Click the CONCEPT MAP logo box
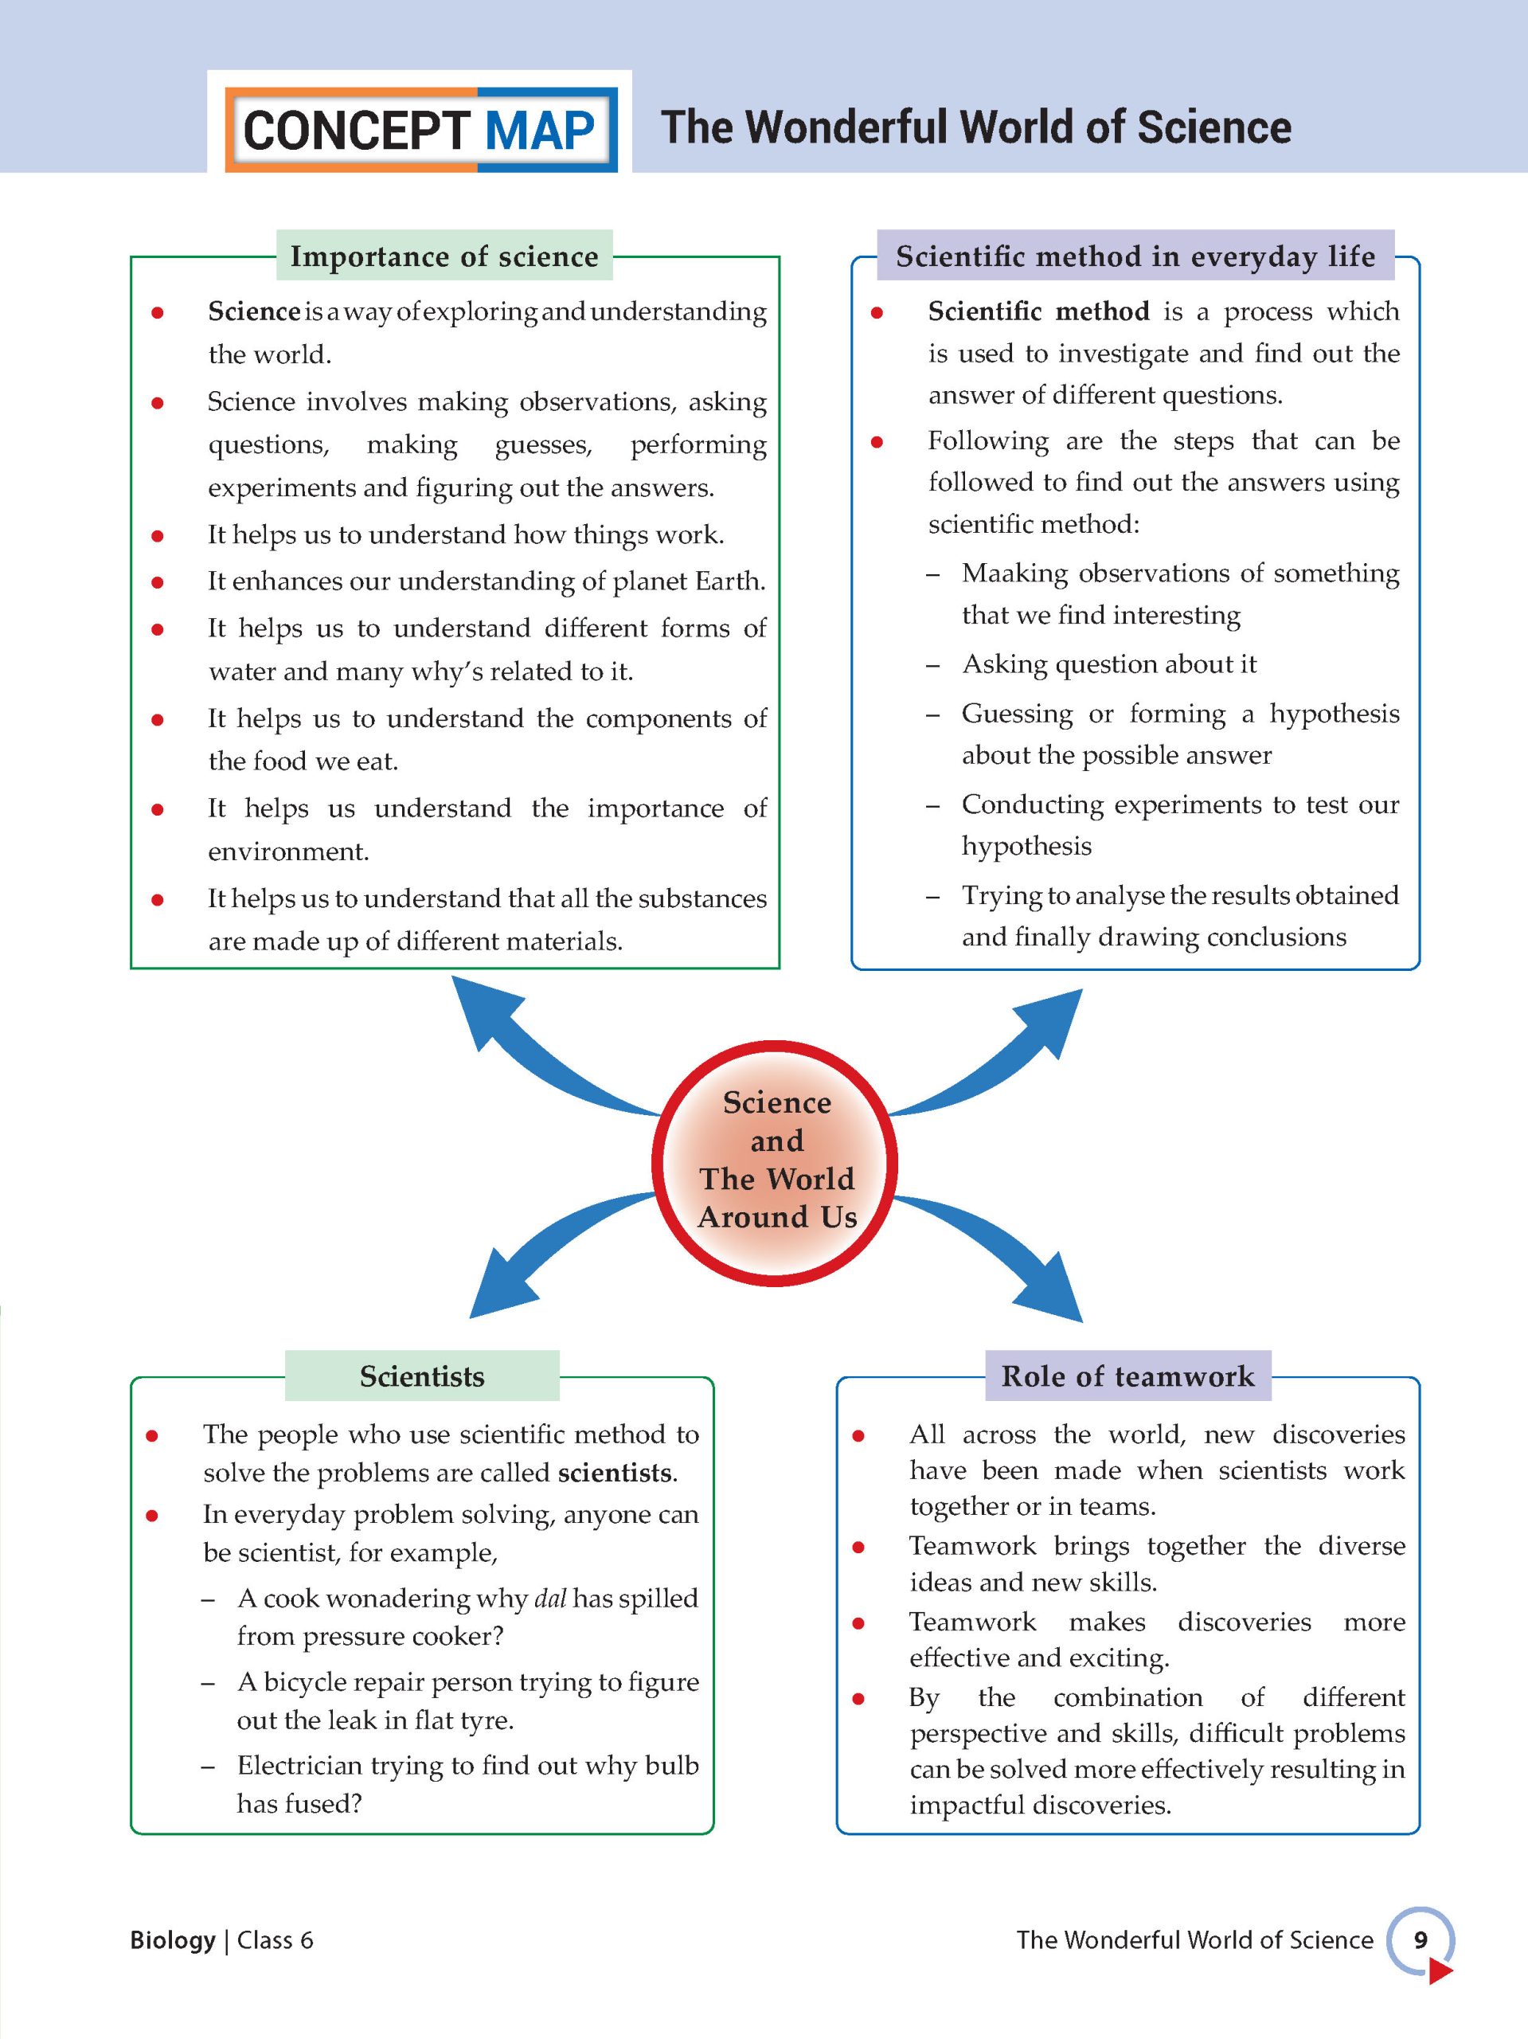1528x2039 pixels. pos(420,129)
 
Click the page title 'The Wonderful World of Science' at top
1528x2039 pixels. pos(976,127)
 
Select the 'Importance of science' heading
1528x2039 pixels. pos(444,256)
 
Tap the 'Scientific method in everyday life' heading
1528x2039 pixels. pos(1135,256)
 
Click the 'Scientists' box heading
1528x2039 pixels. pos(422,1376)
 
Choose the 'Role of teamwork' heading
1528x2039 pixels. pos(1127,1376)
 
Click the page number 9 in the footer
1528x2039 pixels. pos(1421,1939)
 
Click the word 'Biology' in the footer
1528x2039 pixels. pos(172,1939)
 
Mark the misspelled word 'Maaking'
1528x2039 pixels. pos(1014,573)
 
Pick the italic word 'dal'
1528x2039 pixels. pos(550,1599)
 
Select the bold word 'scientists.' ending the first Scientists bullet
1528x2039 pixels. pos(617,1473)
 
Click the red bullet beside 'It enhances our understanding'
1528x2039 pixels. pos(158,582)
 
